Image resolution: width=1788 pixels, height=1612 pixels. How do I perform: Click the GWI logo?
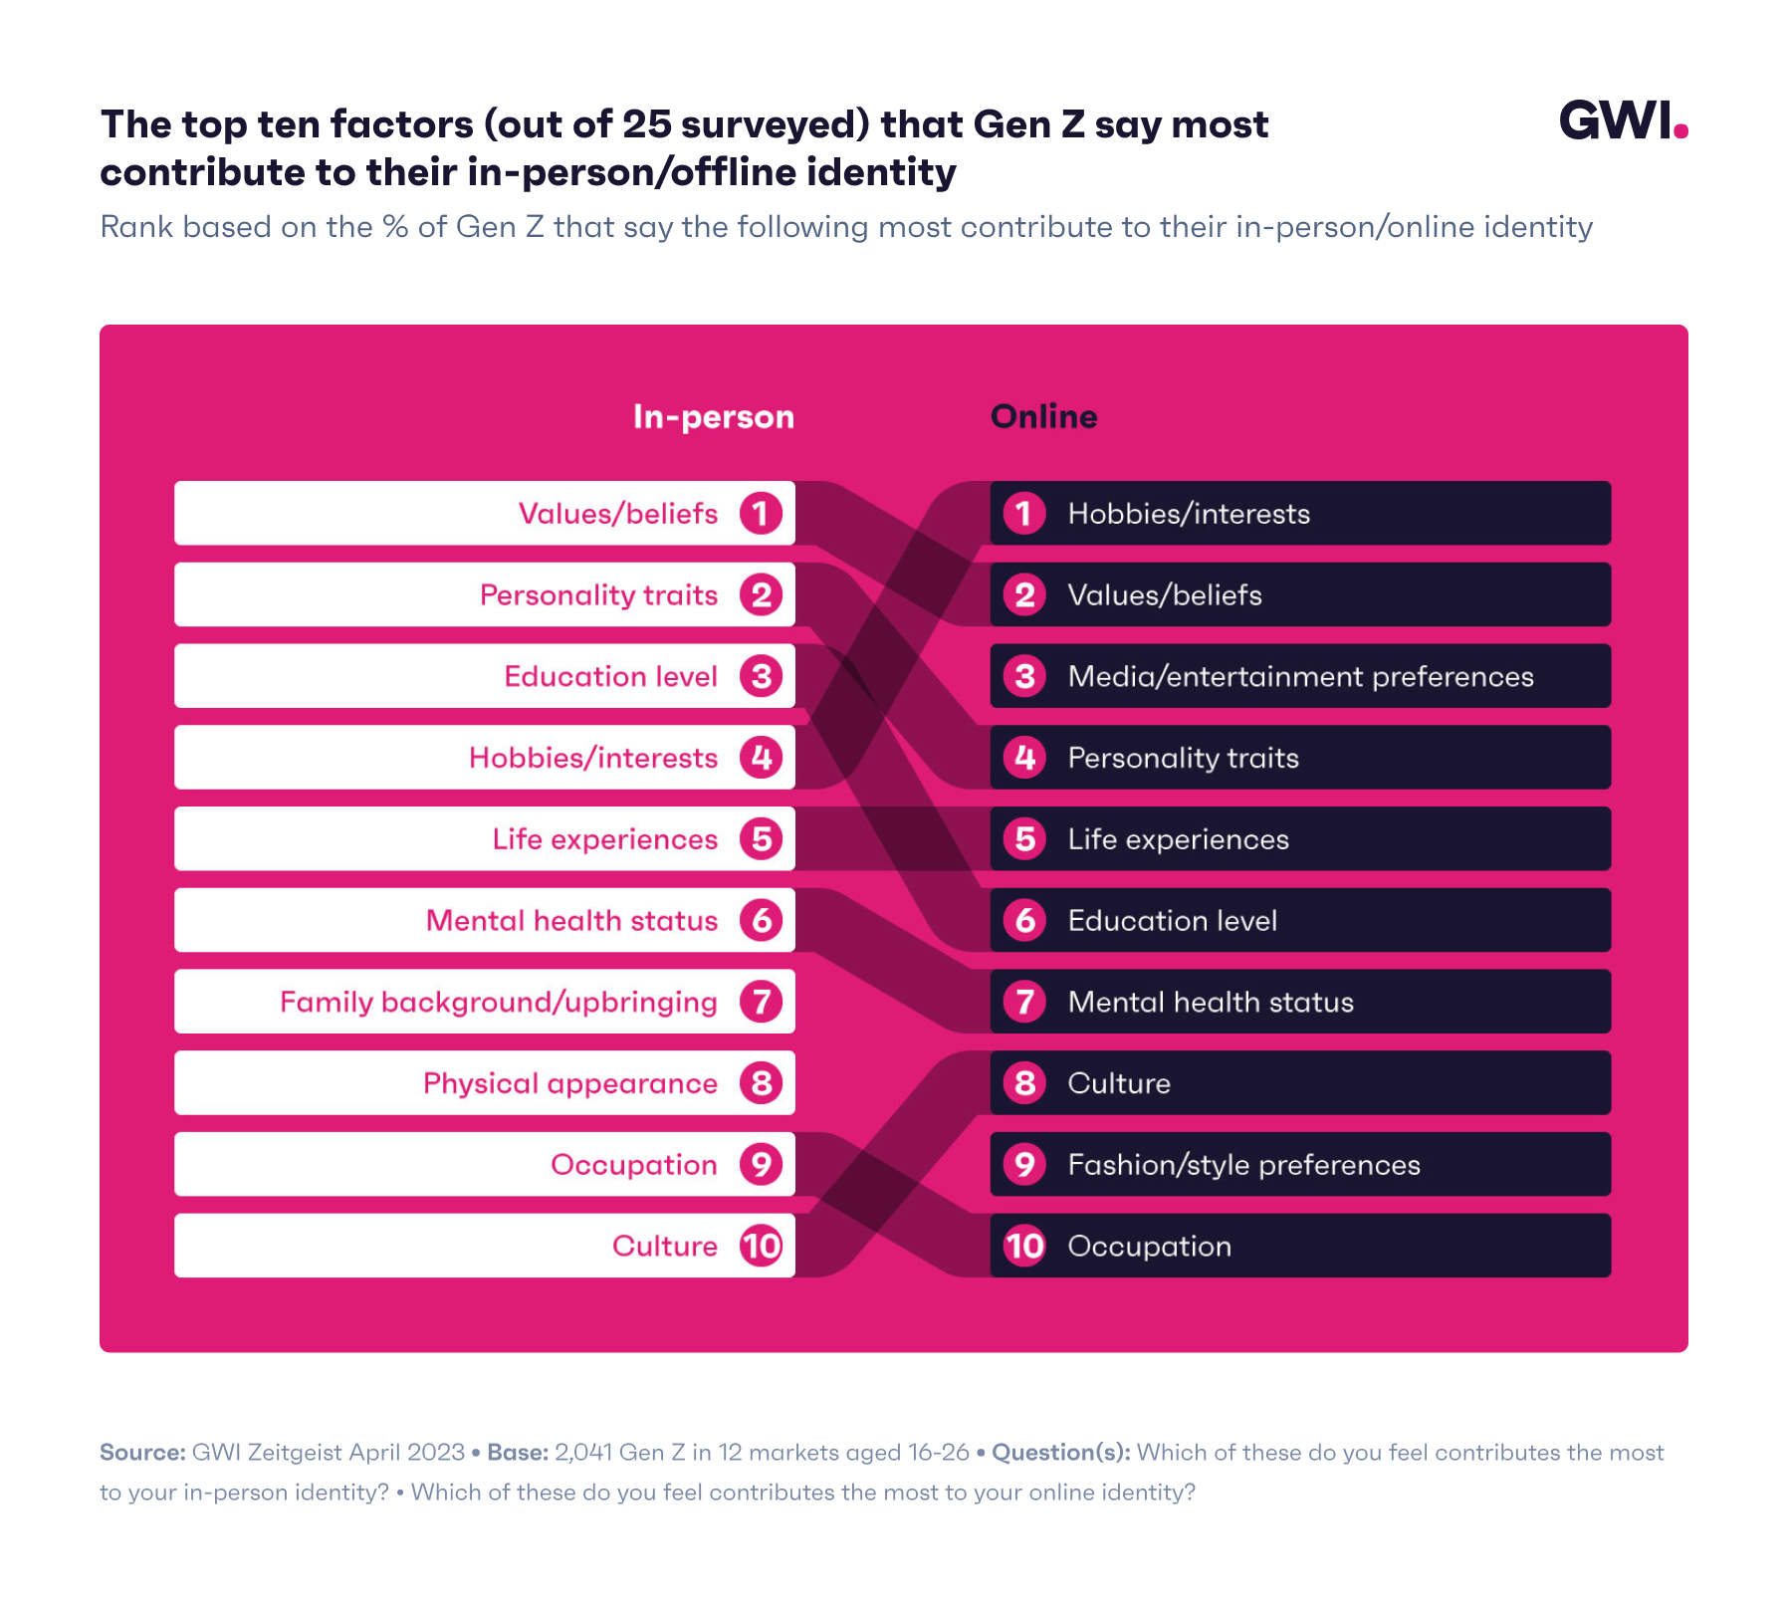coord(1622,121)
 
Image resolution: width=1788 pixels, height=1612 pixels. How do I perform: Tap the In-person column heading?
coord(713,416)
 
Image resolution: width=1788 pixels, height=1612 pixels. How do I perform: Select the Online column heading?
coord(1043,416)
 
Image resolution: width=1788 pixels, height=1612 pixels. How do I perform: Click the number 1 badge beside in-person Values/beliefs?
coord(761,514)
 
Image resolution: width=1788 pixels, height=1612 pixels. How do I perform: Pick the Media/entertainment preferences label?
coord(1299,677)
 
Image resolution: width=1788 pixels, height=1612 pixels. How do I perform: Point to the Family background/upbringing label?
coord(498,1002)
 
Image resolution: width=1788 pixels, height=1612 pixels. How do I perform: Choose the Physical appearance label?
coord(569,1083)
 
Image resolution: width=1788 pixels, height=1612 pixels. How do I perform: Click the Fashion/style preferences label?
coord(1242,1165)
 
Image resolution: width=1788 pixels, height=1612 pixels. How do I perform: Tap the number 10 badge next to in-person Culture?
coord(761,1247)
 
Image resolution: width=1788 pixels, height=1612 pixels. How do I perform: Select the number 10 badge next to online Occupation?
coord(1024,1247)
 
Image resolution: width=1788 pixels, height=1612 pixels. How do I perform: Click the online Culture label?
coord(1118,1083)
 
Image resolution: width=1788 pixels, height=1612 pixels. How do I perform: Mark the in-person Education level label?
coord(610,677)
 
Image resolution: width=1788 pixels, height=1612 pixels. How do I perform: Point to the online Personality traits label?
coord(1183,759)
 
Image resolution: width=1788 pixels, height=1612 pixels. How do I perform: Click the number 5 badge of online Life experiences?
coord(1024,839)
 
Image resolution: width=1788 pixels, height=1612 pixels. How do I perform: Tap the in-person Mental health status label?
coord(571,921)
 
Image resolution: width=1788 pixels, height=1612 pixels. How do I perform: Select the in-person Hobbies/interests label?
coord(592,759)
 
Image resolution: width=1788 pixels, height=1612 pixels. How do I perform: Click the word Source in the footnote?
coord(141,1453)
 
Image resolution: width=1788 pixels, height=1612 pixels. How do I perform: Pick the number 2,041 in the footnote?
coord(582,1453)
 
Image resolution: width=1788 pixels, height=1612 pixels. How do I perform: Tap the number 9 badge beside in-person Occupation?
coord(761,1165)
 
